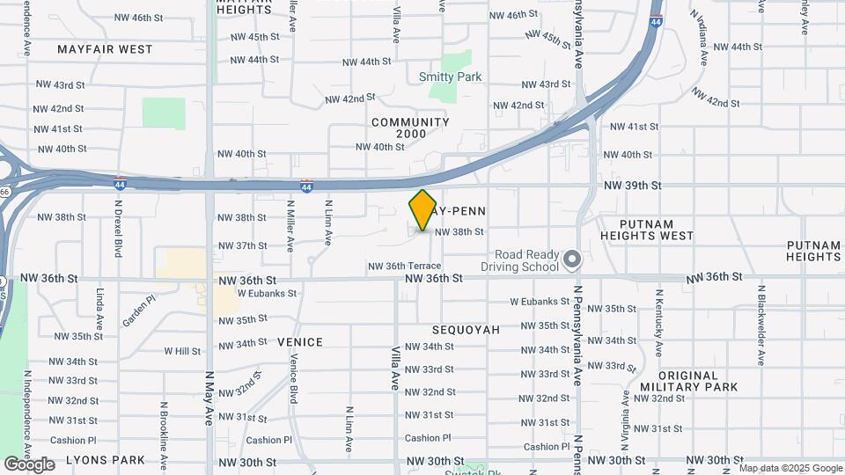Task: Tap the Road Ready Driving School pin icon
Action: tap(573, 259)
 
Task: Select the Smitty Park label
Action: tap(450, 77)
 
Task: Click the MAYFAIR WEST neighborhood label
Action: tap(105, 49)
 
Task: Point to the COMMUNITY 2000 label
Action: tap(410, 128)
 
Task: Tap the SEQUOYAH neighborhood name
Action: tap(466, 330)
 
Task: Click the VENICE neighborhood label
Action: tap(300, 341)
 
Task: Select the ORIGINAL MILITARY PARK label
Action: tap(688, 381)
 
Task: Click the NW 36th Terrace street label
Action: tap(404, 266)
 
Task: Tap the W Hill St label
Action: tap(182, 351)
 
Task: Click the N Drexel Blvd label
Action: tap(118, 228)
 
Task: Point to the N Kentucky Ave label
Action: tap(658, 322)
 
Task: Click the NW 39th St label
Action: tap(632, 185)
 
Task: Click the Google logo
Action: tap(29, 464)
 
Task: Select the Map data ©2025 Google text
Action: tap(790, 468)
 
